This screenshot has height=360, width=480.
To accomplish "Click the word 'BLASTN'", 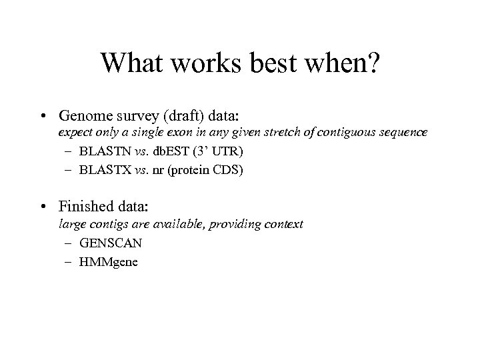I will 101,151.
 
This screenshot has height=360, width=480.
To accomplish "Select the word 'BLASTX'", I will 101,170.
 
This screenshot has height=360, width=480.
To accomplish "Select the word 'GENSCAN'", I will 109,243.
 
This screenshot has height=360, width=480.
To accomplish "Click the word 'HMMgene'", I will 108,262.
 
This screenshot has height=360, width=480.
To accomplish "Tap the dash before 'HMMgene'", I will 68,262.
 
